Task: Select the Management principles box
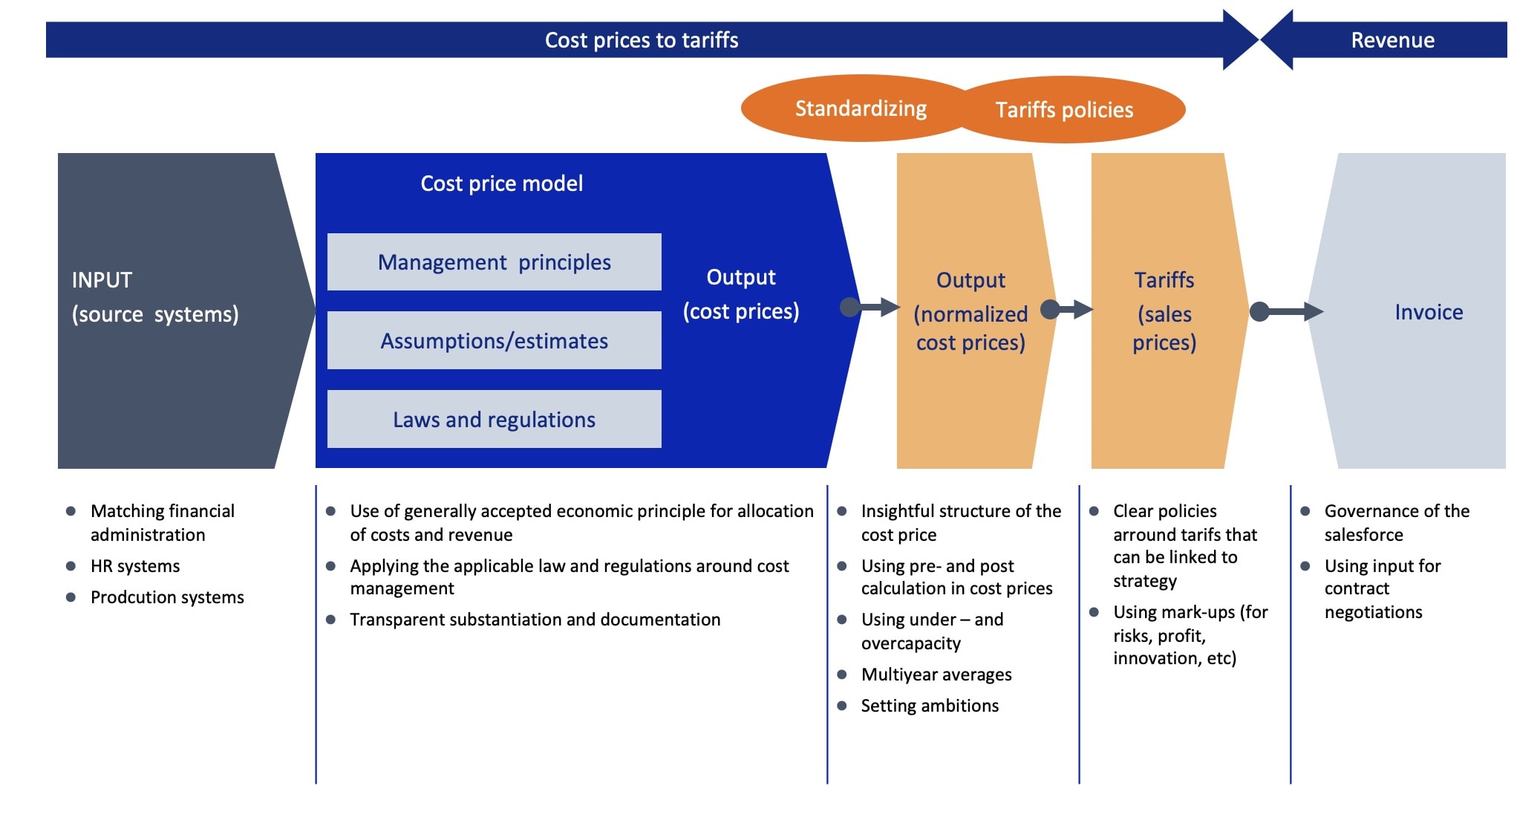coord(494,262)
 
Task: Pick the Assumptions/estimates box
coord(494,341)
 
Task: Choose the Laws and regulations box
coord(494,420)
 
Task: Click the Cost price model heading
coord(501,183)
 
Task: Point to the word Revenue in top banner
coord(1392,40)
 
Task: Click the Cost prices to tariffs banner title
coord(642,40)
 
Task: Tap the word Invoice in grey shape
coord(1428,312)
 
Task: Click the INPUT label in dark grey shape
coord(102,280)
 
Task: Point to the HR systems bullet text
coord(135,566)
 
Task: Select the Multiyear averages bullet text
coord(936,675)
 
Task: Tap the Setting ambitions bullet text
coord(929,706)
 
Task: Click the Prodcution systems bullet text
coord(167,597)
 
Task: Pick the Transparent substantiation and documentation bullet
coord(535,620)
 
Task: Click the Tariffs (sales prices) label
coord(1164,311)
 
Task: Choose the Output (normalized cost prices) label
coord(970,311)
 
